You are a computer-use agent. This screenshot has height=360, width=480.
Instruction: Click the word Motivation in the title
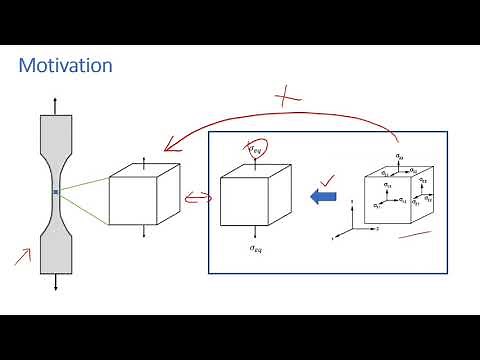66,66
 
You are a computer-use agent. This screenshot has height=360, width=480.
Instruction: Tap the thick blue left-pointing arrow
323,197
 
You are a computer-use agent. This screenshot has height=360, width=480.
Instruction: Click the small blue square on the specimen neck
56,191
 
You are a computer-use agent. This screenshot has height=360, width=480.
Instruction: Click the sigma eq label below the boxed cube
256,247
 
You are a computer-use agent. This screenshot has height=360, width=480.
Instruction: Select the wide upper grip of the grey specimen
56,132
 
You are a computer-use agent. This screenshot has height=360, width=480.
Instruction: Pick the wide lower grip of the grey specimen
56,250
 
